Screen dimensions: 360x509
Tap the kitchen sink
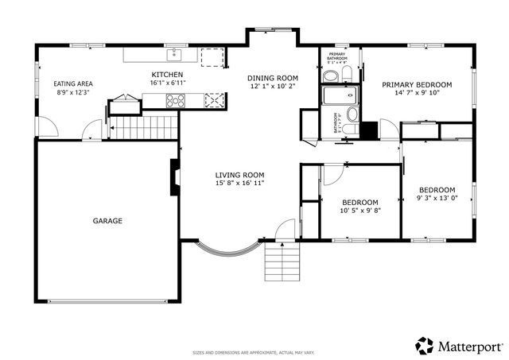click(174, 55)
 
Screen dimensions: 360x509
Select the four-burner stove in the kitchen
click(174, 100)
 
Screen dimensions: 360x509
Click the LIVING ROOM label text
click(239, 175)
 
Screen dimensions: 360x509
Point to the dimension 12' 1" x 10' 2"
click(271, 86)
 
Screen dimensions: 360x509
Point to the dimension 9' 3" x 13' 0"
click(437, 199)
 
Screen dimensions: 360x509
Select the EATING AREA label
click(72, 84)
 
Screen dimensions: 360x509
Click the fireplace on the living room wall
click(173, 176)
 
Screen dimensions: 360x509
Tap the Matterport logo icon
click(425, 346)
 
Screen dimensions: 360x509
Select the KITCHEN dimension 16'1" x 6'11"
click(169, 83)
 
